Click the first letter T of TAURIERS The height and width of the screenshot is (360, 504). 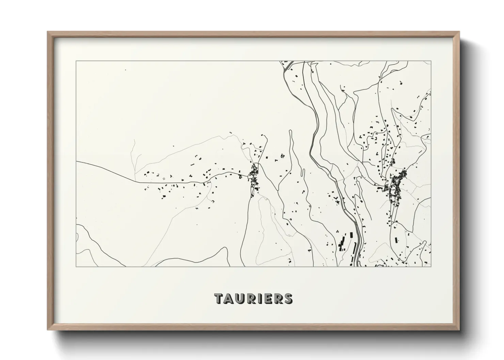pos(219,299)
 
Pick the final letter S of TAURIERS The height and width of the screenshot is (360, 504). pos(288,299)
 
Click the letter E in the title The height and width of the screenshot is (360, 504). pos(267,299)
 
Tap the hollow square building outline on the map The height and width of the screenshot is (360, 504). pos(164,178)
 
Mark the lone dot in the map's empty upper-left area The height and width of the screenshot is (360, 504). pos(125,70)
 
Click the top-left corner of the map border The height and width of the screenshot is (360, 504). pos(76,61)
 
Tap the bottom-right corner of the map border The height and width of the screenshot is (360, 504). pos(431,266)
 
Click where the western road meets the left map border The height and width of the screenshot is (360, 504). pos(77,162)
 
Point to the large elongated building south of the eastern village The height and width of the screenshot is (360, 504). pos(396,240)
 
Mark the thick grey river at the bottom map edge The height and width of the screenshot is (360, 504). pos(355,264)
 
